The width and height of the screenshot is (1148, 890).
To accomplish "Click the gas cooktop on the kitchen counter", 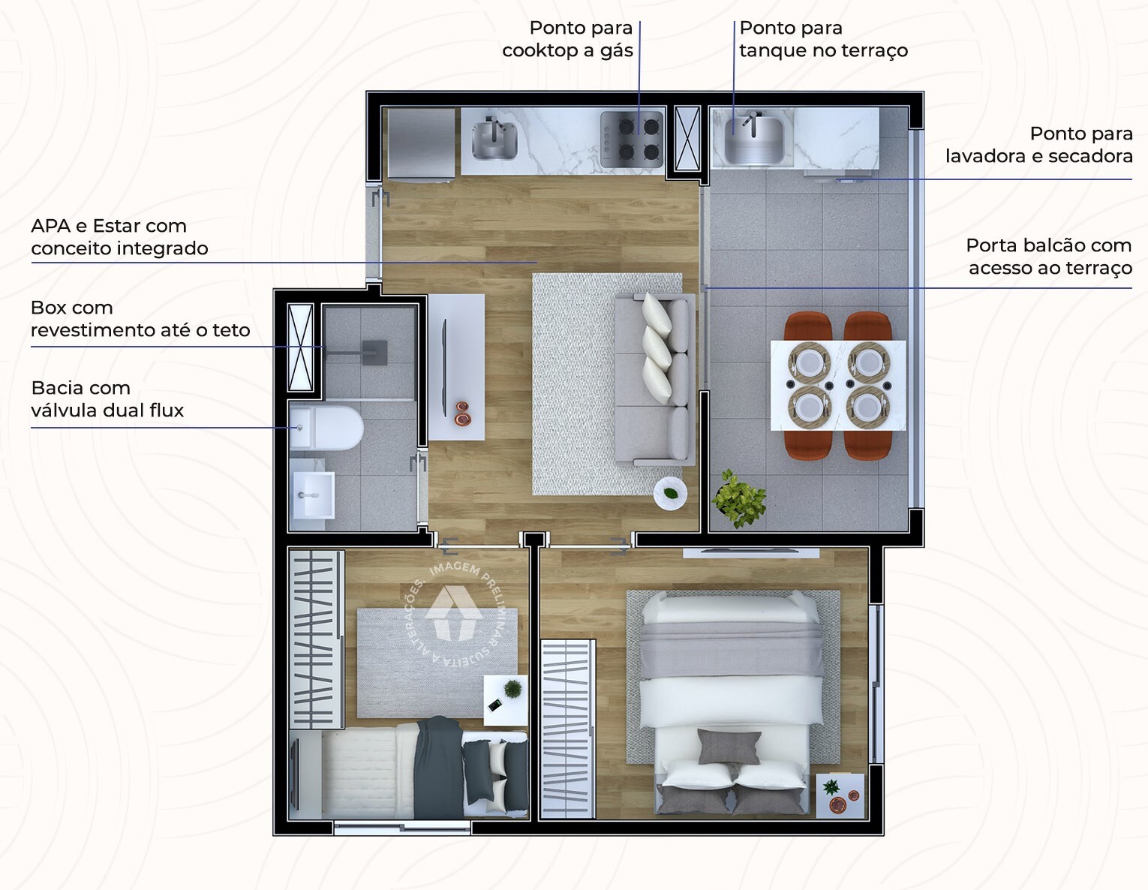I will (x=632, y=139).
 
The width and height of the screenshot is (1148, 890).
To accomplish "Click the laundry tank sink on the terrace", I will (x=753, y=140).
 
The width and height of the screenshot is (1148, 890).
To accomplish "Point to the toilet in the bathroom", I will (x=329, y=428).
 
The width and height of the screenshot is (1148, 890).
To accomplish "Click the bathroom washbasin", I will (x=313, y=495).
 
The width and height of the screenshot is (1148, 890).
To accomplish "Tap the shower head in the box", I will (x=374, y=352).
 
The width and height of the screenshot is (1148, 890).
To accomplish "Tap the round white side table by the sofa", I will (x=670, y=494).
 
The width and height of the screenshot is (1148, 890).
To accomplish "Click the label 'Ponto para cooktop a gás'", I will (x=568, y=39).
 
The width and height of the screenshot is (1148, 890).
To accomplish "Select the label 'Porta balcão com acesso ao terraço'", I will (x=1048, y=257).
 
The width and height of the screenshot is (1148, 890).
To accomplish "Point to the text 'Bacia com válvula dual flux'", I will (x=107, y=399).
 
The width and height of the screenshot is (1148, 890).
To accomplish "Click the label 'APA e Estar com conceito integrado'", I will (x=119, y=237).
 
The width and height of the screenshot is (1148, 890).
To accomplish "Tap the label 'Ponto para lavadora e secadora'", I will (x=1038, y=145).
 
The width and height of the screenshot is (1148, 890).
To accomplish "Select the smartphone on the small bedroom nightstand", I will (x=495, y=705).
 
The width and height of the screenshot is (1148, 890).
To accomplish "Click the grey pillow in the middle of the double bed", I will (x=729, y=747).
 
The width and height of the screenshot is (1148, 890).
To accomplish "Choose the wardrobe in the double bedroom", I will (x=567, y=728).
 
